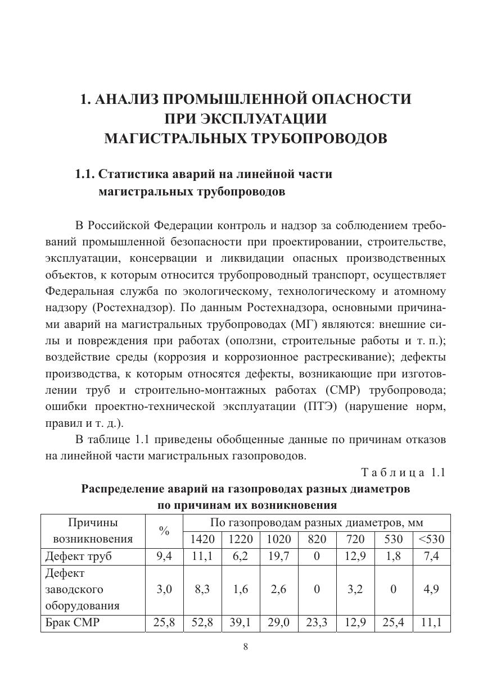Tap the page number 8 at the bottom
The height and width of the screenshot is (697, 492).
point(245,646)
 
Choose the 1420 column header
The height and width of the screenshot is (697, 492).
point(202,540)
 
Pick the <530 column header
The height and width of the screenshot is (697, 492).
point(431,540)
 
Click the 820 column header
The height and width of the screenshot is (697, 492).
point(317,540)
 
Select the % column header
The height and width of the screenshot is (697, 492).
point(164,531)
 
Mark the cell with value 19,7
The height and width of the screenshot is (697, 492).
point(278,557)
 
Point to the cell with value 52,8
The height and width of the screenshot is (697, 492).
point(202,622)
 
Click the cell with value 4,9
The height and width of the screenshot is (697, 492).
point(431,589)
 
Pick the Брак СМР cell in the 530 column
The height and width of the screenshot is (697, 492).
point(393,622)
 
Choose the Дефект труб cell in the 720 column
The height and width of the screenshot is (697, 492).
point(355,557)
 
